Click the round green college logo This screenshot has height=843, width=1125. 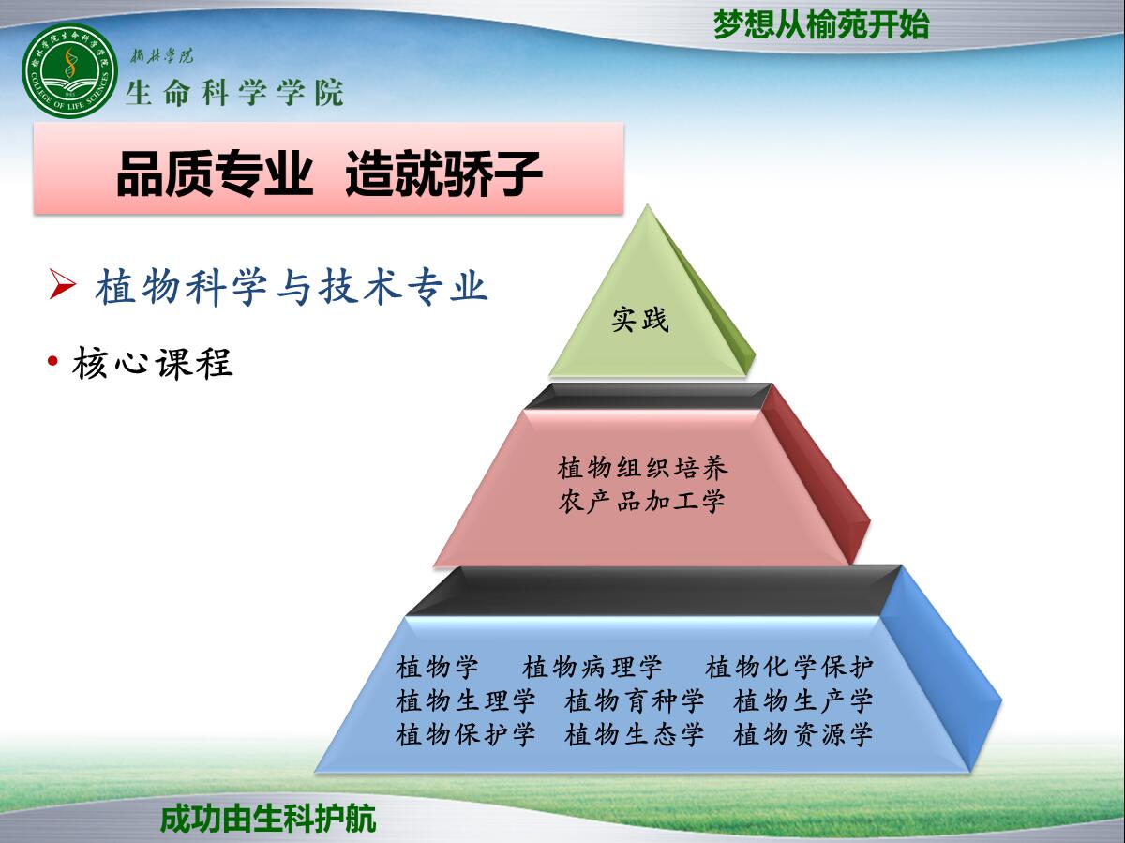[x=70, y=71]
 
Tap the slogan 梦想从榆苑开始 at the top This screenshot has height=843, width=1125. [x=820, y=24]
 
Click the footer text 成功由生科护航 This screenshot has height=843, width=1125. [x=268, y=819]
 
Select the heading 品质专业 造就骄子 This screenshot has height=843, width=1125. [x=329, y=173]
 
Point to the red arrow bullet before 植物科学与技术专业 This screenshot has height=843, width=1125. [x=63, y=284]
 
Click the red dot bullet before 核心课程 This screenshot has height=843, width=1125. [x=52, y=361]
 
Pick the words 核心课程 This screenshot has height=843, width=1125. [x=153, y=363]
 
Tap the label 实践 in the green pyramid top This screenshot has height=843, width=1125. [x=640, y=319]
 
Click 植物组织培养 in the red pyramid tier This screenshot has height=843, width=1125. [x=643, y=468]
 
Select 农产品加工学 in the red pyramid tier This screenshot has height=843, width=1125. [x=641, y=501]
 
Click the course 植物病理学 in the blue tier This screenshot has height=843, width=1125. [x=592, y=668]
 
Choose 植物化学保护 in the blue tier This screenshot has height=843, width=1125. [x=789, y=668]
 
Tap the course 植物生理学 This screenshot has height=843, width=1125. [x=466, y=700]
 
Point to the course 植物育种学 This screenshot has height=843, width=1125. [x=635, y=700]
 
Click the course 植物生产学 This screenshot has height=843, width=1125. [x=803, y=700]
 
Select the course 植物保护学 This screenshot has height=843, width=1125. [x=466, y=734]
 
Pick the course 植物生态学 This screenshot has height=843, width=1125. [x=635, y=734]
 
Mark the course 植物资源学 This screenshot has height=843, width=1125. [x=803, y=734]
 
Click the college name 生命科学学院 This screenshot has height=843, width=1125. [x=234, y=93]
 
